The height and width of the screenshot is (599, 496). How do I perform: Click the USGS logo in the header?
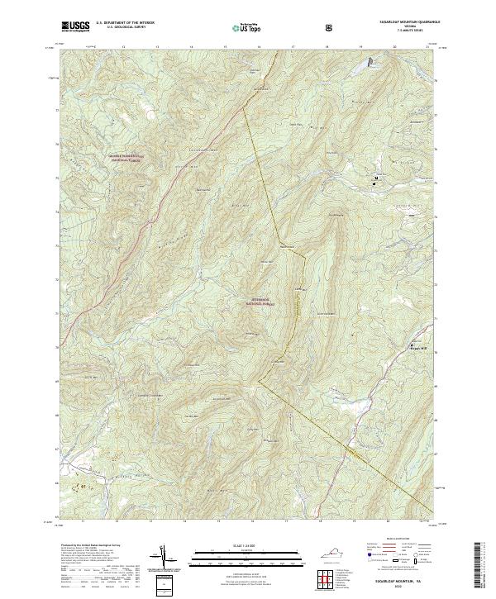(75, 26)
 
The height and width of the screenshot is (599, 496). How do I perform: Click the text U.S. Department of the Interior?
(123, 23)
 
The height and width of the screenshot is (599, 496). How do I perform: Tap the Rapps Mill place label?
(418, 348)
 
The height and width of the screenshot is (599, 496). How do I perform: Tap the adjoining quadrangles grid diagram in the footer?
(325, 577)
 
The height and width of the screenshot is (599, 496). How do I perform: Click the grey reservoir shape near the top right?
(369, 62)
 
